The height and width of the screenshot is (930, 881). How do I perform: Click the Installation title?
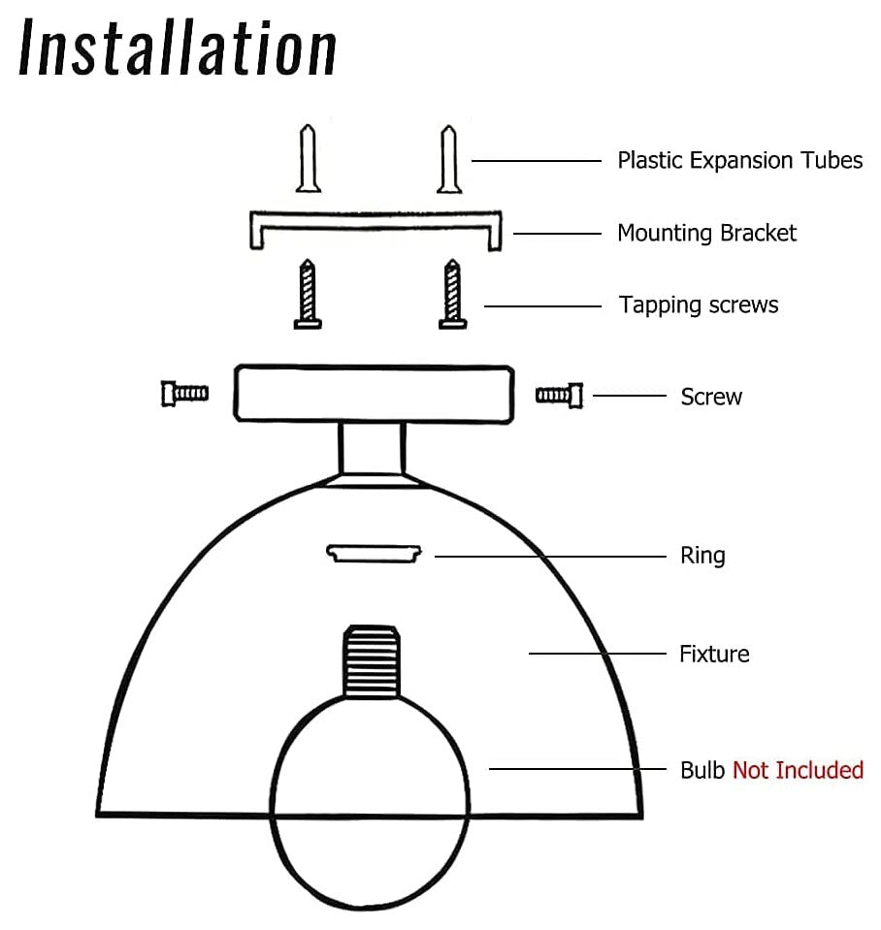coord(179,48)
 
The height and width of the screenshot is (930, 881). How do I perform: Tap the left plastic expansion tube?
coord(309,159)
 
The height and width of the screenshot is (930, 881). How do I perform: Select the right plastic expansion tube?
coord(448,159)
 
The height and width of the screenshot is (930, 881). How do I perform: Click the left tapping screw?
coord(308,295)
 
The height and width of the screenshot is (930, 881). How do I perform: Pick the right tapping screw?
coord(451,295)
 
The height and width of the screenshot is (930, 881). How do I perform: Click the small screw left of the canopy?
coord(184,393)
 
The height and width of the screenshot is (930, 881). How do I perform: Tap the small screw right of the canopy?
coord(560,394)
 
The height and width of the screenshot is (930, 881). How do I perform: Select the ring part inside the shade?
coord(375,553)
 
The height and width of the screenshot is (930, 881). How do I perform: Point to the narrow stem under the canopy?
coord(372,447)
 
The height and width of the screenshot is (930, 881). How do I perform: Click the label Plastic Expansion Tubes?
coord(739,160)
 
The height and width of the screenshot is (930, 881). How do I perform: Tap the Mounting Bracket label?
coord(706,234)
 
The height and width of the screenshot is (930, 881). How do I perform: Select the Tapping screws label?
coord(699,305)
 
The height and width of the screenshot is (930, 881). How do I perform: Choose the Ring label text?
coord(702,556)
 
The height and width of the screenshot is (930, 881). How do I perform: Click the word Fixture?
coord(714,655)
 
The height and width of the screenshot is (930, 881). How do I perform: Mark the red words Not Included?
coord(798,771)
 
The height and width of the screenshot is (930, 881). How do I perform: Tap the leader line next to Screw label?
coord(629,396)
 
